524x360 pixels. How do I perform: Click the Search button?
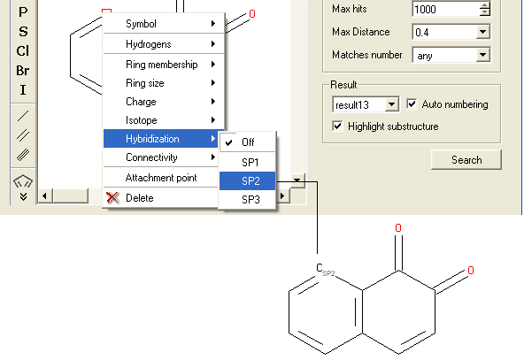[x=466, y=159]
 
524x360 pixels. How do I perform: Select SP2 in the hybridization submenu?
[x=247, y=181]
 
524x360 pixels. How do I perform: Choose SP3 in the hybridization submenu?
[x=247, y=199]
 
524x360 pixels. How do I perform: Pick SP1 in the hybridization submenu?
[x=247, y=162]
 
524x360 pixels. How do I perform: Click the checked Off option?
[x=247, y=142]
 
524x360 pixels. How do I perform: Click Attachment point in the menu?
[x=161, y=178]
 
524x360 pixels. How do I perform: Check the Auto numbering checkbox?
[x=412, y=103]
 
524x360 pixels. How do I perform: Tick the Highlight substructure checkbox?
[x=337, y=126]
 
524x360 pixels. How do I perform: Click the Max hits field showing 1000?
[x=446, y=9]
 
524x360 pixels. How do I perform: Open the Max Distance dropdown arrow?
[x=482, y=32]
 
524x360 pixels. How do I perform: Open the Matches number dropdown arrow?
[x=482, y=55]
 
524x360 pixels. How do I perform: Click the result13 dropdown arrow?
[x=391, y=104]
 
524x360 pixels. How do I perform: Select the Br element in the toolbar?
[x=23, y=71]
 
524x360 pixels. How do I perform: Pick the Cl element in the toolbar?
[x=23, y=51]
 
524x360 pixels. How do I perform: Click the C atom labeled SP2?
[x=320, y=267]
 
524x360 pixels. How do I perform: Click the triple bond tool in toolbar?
[x=23, y=154]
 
